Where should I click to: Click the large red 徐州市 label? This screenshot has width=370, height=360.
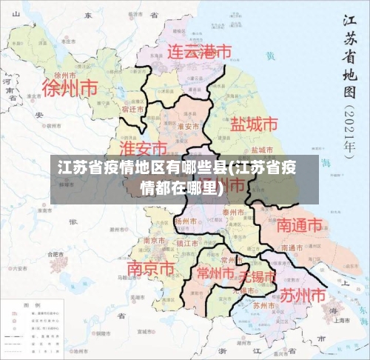(70, 88)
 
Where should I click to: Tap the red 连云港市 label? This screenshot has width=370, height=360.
(198, 52)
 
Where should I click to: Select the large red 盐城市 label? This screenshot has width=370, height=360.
(255, 124)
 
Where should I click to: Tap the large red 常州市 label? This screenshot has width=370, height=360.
(215, 273)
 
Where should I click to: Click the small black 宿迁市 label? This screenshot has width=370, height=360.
(132, 109)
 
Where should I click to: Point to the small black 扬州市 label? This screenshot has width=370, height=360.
(184, 221)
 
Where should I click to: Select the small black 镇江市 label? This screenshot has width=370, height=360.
(186, 243)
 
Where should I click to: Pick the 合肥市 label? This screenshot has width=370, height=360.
(56, 254)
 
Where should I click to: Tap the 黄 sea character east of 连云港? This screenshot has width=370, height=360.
(271, 56)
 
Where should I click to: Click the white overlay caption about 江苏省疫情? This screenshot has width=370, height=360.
(178, 176)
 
